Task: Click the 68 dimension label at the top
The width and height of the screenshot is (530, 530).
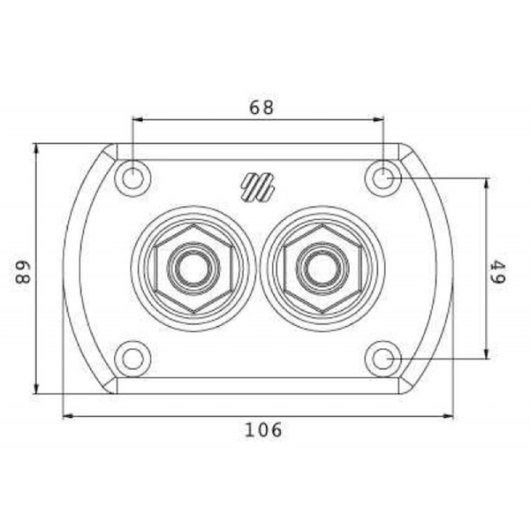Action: click(261, 108)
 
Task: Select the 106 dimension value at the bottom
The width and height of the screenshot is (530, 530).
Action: click(263, 430)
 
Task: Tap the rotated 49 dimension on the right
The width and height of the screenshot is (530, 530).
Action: click(498, 271)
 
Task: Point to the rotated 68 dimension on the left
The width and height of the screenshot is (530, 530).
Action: click(23, 271)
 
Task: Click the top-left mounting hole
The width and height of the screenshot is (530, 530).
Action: click(132, 178)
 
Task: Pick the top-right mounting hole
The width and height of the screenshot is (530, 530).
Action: click(383, 178)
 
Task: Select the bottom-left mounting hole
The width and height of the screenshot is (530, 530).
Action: click(132, 359)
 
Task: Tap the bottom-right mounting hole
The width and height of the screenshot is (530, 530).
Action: click(383, 359)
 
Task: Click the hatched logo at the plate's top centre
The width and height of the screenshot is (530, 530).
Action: click(258, 187)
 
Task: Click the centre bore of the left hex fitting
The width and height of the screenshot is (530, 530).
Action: click(193, 269)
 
